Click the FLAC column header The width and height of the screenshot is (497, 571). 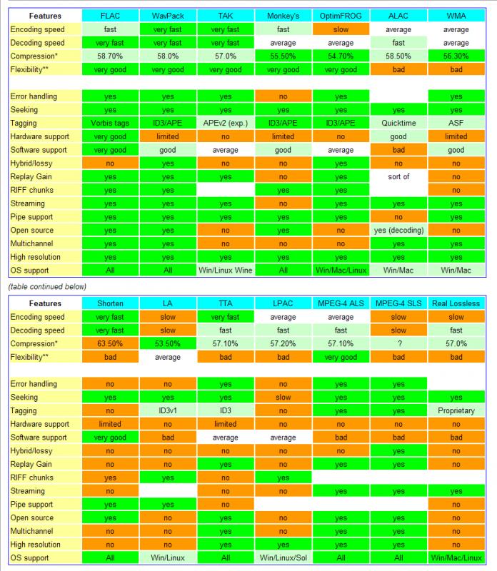point(110,15)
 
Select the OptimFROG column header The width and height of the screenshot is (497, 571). point(341,15)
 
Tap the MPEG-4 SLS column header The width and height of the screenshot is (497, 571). point(398,303)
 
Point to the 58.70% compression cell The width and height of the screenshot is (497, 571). point(110,56)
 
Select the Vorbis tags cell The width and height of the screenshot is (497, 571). point(110,122)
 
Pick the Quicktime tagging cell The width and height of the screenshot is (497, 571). point(398,122)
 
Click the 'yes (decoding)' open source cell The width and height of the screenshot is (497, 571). point(398,231)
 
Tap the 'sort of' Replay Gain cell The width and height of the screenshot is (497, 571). point(398,176)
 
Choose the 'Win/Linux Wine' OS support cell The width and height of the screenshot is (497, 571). point(226,271)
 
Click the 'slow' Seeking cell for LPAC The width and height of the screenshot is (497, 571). point(283,397)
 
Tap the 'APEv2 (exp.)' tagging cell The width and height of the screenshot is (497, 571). point(226,122)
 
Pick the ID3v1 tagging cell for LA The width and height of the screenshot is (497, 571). point(168,410)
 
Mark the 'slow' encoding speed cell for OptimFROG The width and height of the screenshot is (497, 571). point(341,29)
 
